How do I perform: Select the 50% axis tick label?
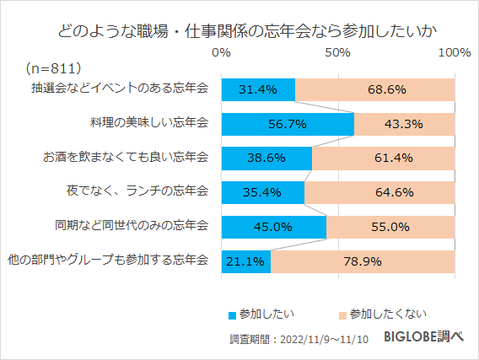click(338, 53)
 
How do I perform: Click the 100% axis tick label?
click(455, 53)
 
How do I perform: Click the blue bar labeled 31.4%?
click(258, 89)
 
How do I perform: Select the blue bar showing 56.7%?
click(288, 124)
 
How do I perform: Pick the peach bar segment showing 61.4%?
click(384, 158)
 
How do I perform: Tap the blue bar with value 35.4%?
click(262, 192)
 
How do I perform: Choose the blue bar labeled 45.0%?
click(273, 226)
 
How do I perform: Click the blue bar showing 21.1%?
click(245, 261)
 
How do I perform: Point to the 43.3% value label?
click(403, 124)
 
